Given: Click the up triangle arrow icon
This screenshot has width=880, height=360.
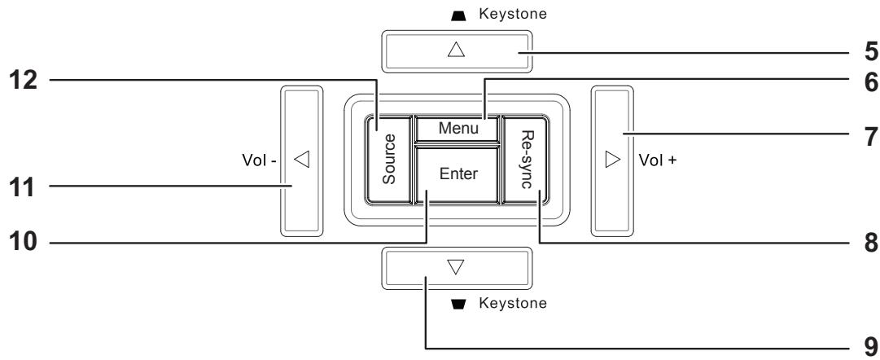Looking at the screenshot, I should pyautogui.click(x=456, y=50).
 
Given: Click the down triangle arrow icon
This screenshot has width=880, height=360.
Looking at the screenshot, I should pyautogui.click(x=456, y=267).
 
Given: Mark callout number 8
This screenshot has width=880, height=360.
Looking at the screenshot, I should pyautogui.click(x=868, y=242).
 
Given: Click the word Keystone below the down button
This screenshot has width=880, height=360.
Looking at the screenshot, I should pyautogui.click(x=511, y=304).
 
